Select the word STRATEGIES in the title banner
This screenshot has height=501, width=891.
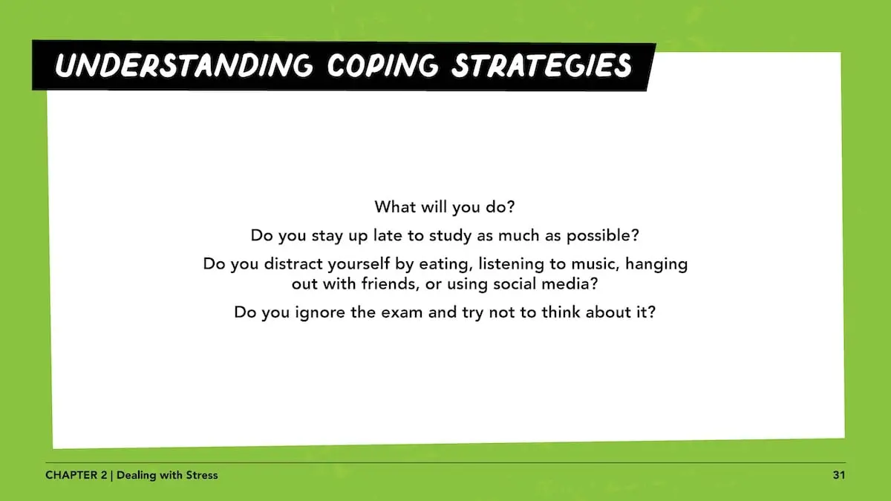click(x=543, y=65)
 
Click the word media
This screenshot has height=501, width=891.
click(x=567, y=284)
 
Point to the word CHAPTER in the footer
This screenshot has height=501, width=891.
click(x=68, y=475)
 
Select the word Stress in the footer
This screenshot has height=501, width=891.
click(x=200, y=475)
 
